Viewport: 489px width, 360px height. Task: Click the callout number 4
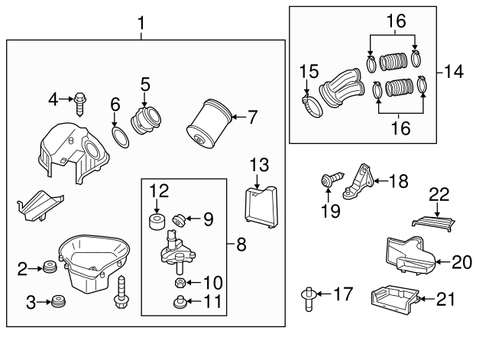click(53, 98)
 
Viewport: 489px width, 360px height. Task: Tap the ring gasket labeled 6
click(118, 137)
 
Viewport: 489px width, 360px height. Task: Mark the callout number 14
click(454, 73)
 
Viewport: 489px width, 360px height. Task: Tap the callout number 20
click(462, 262)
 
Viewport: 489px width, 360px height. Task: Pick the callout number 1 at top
click(141, 24)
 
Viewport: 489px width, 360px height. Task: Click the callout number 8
click(240, 245)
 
